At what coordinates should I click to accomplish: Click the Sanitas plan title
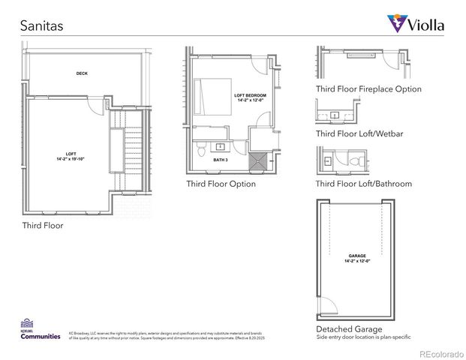42,25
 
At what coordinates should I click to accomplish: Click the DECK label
82,73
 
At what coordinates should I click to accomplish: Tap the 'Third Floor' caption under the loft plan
43,225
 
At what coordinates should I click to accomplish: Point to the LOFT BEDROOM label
248,97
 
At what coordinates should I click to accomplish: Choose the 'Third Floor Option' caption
221,184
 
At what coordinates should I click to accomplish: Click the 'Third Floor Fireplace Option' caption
368,89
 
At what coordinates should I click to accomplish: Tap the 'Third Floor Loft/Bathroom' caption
363,184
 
